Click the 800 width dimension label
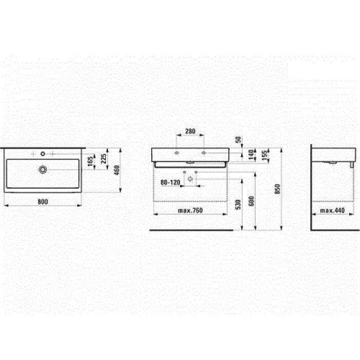(43, 202)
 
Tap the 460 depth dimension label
(117, 170)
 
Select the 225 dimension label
(104, 158)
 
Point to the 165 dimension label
(91, 161)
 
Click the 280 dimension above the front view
(190, 131)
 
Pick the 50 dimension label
(239, 139)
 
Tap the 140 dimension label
(251, 155)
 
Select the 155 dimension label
(265, 155)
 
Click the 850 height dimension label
(278, 189)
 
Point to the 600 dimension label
(251, 201)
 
